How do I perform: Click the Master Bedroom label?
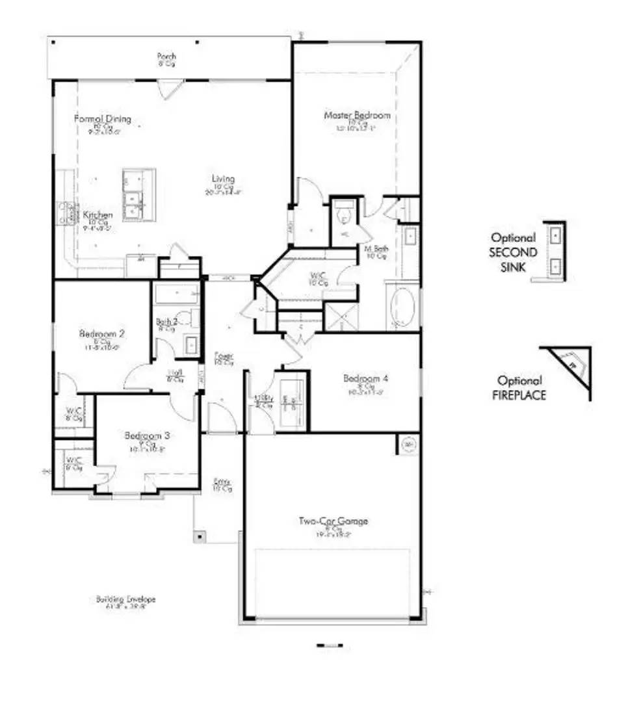358,116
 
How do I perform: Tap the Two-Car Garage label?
334,521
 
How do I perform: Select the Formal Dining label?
102,119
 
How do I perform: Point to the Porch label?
166,57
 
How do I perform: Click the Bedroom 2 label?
102,334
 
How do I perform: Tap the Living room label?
223,179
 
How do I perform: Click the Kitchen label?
98,215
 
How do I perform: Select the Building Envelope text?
126,599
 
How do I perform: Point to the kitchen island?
139,195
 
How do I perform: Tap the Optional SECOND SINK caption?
514,252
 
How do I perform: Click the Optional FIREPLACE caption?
519,387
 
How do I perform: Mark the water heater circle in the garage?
410,445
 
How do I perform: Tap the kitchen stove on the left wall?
68,213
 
